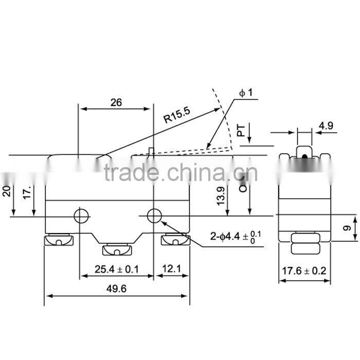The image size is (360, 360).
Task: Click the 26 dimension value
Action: point(116,102)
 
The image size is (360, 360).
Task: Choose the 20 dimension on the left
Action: point(6,192)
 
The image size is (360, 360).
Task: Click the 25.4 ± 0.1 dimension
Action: point(117,268)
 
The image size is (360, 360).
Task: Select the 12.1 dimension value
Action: point(172,268)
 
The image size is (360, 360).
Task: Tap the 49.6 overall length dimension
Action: point(117,289)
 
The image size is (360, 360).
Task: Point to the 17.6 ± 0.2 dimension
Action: point(305,269)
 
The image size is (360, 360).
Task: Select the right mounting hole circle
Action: point(154,216)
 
